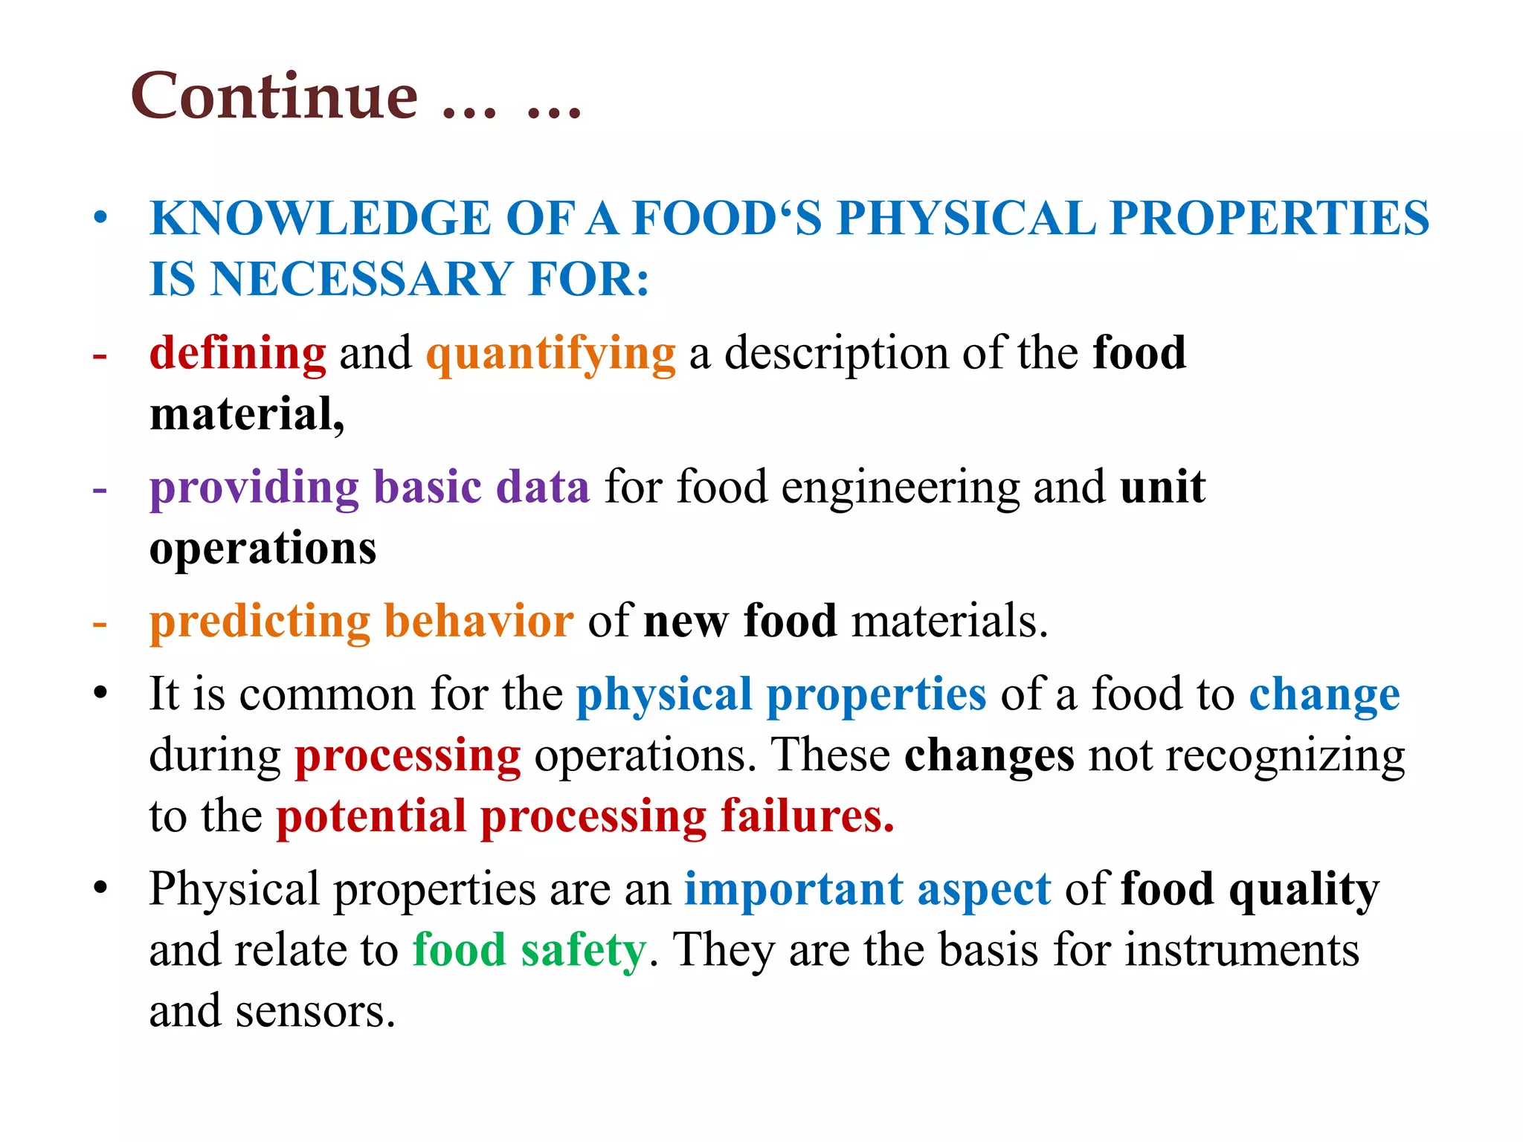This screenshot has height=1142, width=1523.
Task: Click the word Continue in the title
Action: [274, 97]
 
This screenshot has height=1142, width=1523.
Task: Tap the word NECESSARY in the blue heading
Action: [363, 280]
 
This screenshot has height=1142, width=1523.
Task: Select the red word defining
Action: [238, 353]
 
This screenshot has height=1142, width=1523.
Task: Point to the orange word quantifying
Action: [551, 355]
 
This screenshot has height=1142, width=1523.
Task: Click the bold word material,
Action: [247, 414]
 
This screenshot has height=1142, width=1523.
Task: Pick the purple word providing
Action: [254, 488]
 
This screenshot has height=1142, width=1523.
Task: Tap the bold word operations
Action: [263, 549]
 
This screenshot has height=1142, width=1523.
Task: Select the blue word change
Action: [1324, 695]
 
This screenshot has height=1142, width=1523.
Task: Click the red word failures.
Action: [808, 816]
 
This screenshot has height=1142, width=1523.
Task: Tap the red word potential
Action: [371, 816]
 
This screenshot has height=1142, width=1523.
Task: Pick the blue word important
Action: [793, 889]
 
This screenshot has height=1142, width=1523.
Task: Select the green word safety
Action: [583, 951]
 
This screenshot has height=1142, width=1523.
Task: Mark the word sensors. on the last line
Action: [315, 1012]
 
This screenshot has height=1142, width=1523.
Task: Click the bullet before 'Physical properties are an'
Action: [100, 888]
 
